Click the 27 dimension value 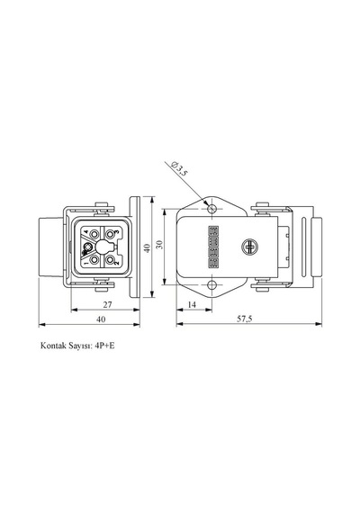[108, 304]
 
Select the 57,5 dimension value [245, 319]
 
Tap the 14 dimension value [192, 304]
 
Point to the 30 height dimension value [159, 245]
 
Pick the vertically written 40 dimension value [148, 248]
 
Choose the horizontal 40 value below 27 [101, 319]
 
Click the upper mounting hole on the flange [212, 208]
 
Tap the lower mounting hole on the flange [212, 285]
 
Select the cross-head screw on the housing [249, 247]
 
